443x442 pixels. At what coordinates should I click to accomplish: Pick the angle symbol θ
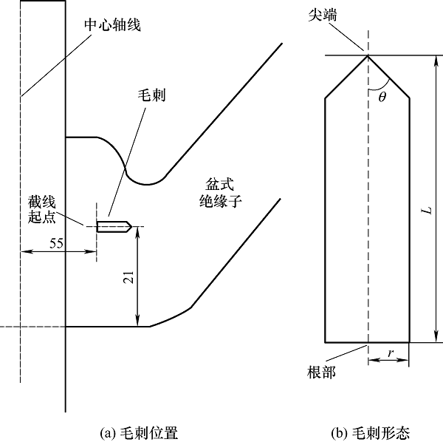381,96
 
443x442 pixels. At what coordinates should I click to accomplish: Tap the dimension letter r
390,353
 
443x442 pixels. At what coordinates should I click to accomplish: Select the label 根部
323,371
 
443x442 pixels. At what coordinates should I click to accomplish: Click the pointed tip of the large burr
367,56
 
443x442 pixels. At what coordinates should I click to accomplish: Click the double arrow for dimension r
388,362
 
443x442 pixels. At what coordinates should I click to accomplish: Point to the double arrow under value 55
59,252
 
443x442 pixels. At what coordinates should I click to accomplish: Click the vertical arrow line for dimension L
437,200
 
